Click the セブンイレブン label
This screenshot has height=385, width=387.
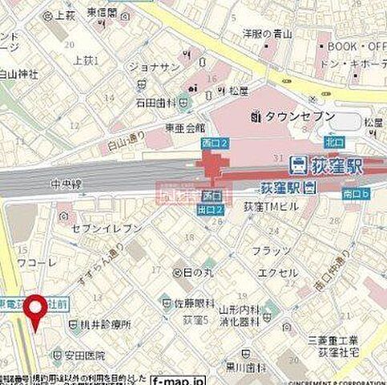pyautogui.click(x=107, y=228)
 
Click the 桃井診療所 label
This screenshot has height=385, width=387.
pyautogui.click(x=99, y=325)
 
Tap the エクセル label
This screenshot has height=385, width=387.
pyautogui.click(x=278, y=273)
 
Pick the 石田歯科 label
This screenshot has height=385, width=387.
pyautogui.click(x=155, y=102)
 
